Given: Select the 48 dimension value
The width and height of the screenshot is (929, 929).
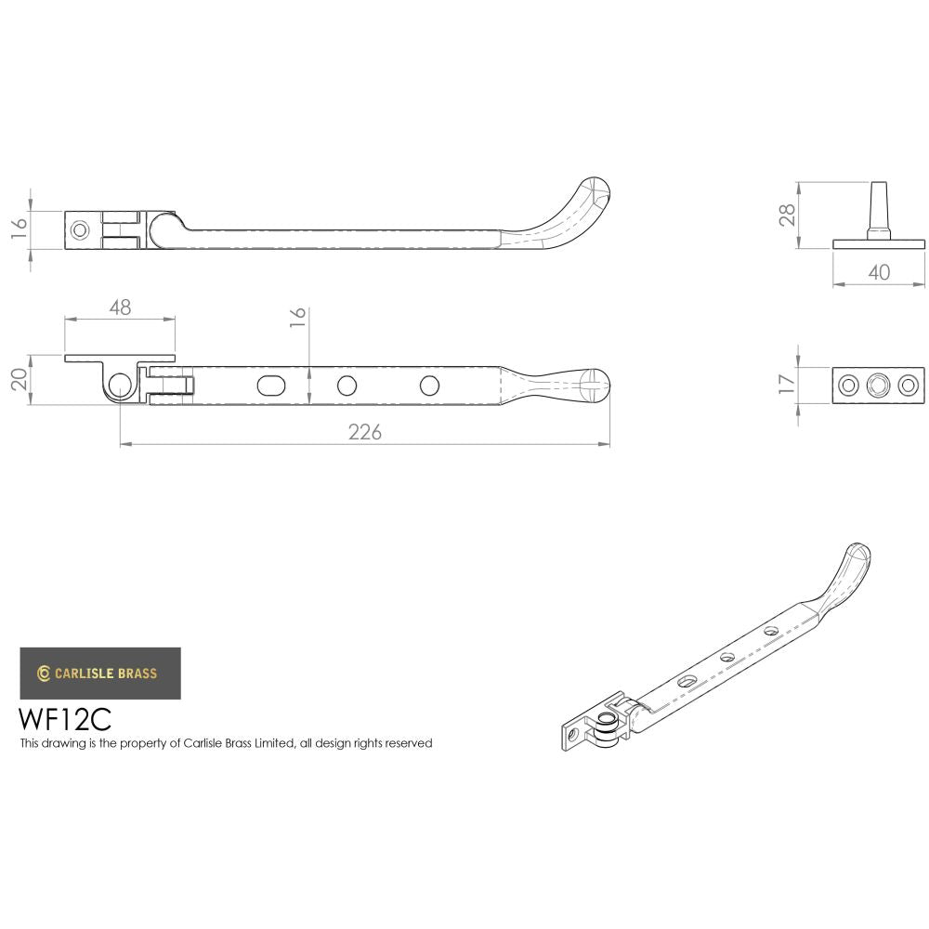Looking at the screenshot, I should point(120,307).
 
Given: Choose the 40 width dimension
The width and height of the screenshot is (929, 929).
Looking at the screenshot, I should point(879,272).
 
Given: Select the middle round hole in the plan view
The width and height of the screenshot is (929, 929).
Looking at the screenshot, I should point(347,385).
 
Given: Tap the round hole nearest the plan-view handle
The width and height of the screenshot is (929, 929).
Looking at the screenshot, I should point(429,385).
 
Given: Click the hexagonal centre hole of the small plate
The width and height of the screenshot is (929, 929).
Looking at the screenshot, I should point(878,385).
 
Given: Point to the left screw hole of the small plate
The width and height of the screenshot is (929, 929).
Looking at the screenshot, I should point(849,385).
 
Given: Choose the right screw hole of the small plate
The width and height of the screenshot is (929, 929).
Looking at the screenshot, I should point(907,385).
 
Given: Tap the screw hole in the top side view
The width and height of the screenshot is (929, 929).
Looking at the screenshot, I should point(81,228).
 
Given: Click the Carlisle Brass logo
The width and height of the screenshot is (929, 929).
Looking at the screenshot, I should point(100,674).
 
